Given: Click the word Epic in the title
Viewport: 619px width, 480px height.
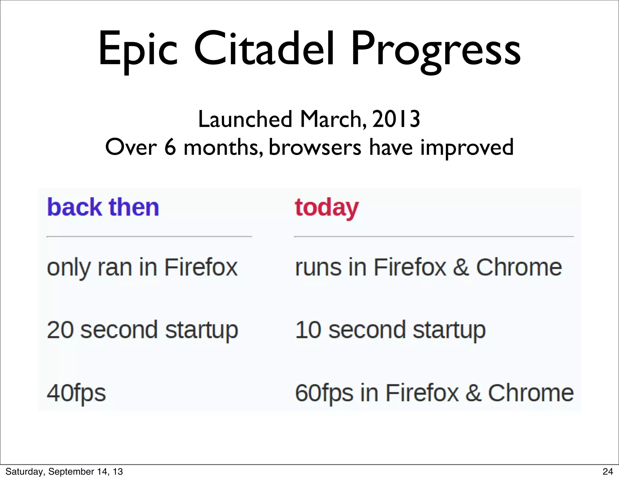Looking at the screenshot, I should tap(138, 50).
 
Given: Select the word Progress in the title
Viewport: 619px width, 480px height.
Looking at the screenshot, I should tap(436, 50).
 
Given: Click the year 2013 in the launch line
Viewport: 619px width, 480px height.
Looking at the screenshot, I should tap(396, 119).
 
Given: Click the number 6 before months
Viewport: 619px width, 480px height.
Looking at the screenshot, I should tap(170, 147).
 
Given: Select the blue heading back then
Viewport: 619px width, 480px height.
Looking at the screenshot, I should tap(103, 207).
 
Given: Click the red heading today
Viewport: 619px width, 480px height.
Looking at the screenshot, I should tap(327, 207).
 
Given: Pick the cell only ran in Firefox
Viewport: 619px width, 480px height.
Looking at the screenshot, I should tap(142, 267).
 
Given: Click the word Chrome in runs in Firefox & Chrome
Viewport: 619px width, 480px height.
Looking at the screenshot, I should tap(519, 267).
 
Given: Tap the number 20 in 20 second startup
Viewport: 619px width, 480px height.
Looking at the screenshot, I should tap(60, 330).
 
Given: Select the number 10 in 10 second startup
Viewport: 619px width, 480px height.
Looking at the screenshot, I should tap(308, 330).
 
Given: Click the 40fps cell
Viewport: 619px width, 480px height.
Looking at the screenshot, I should tap(76, 393).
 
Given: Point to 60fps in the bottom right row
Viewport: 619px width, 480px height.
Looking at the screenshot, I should tap(324, 393).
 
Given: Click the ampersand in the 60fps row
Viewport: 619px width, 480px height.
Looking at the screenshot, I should tap(473, 393).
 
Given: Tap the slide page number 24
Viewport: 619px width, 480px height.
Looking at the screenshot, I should tap(608, 472).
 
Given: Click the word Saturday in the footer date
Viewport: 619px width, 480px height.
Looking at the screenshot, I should tap(24, 472).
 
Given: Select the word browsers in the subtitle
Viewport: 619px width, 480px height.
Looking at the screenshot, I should tap(315, 148).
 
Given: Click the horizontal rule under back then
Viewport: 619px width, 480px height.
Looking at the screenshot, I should tap(149, 237).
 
